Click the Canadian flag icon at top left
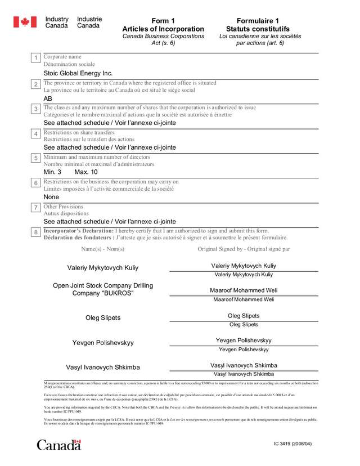(x=25, y=22)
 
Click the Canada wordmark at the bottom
(x=59, y=429)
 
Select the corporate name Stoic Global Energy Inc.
(x=78, y=73)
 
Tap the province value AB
(x=48, y=98)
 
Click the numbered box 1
(x=36, y=58)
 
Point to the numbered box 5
(x=36, y=158)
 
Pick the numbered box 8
(x=36, y=232)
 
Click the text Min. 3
(x=52, y=172)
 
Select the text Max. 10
(x=86, y=172)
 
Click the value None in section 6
(x=51, y=197)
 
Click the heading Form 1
(x=163, y=21)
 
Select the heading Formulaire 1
(x=258, y=21)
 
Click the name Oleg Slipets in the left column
(x=103, y=318)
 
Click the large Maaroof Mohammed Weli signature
(x=244, y=290)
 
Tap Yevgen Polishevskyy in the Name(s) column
(x=103, y=343)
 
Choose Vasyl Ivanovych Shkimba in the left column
(x=103, y=368)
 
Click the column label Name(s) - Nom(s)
(x=103, y=248)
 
